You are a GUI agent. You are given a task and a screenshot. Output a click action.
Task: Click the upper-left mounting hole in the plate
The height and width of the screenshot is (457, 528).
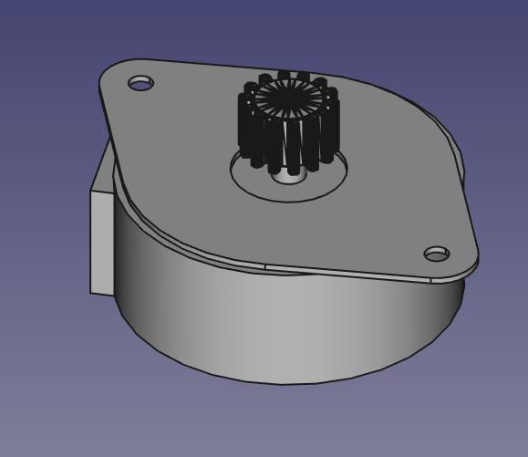[x=140, y=83]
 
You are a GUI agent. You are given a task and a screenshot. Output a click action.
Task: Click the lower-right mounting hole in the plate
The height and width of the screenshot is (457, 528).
[x=437, y=253]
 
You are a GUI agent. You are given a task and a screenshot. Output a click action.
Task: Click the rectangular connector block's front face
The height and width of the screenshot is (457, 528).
[x=100, y=242]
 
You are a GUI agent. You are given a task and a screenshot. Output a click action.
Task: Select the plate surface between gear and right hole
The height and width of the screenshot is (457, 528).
[x=383, y=210]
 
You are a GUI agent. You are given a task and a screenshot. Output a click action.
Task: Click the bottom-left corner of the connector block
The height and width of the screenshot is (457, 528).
[x=91, y=292]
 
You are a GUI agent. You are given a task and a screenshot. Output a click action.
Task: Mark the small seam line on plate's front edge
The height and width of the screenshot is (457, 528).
[x=265, y=266]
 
